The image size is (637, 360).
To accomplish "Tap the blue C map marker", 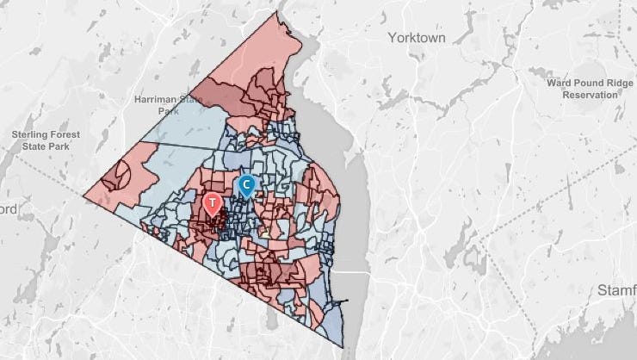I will (247, 184).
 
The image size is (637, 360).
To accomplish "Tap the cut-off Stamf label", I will (616, 292).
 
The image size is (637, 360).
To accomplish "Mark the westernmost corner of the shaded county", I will (84, 196).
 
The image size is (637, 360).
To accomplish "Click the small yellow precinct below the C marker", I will (269, 233).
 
